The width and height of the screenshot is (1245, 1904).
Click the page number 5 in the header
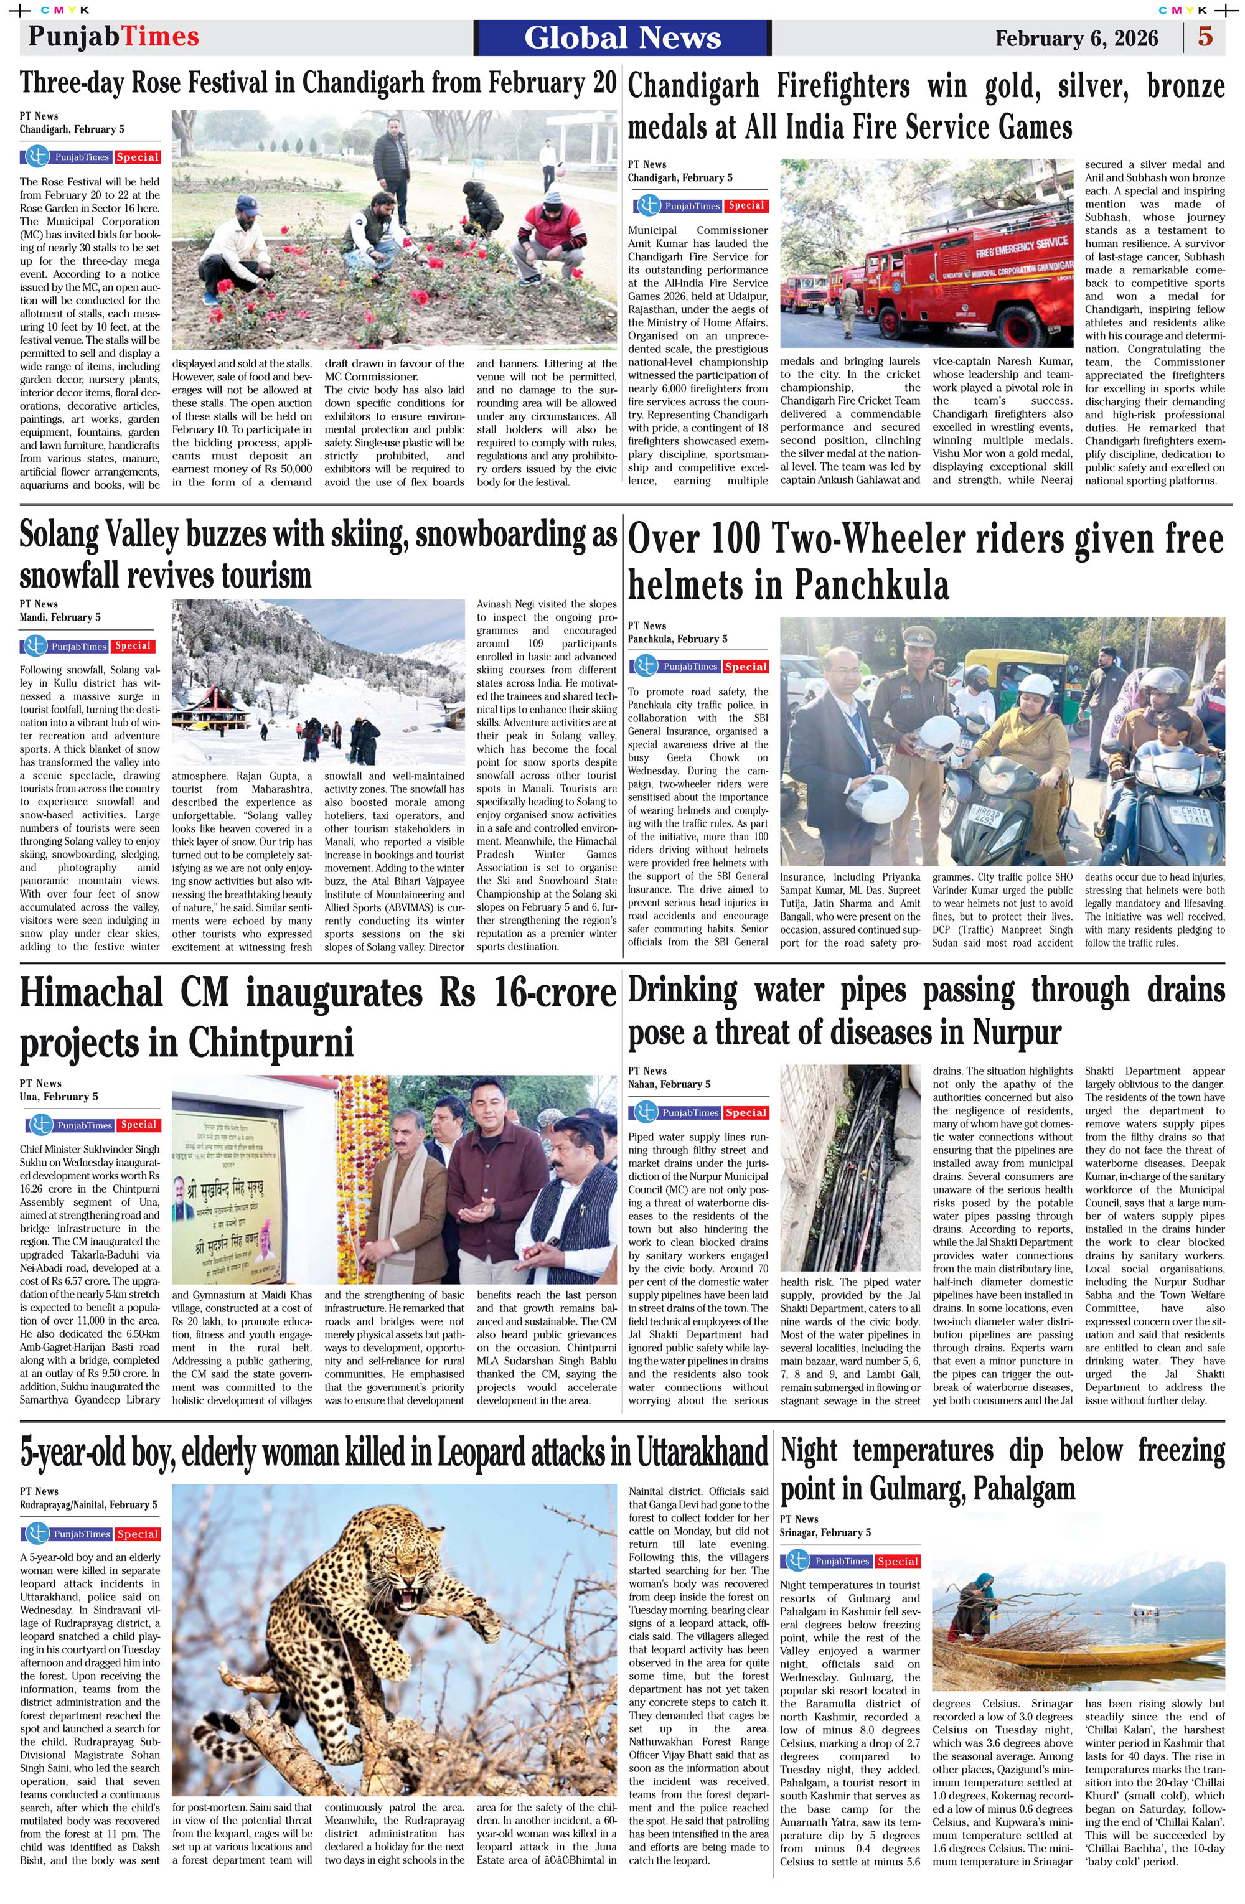tap(1205, 37)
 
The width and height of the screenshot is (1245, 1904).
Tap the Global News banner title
tap(622, 37)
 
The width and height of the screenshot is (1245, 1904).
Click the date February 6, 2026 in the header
tap(1076, 39)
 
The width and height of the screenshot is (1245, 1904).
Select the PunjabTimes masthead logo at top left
tap(113, 36)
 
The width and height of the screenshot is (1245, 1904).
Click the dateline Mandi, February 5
tap(60, 617)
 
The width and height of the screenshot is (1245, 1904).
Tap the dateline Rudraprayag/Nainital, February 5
tap(88, 1505)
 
